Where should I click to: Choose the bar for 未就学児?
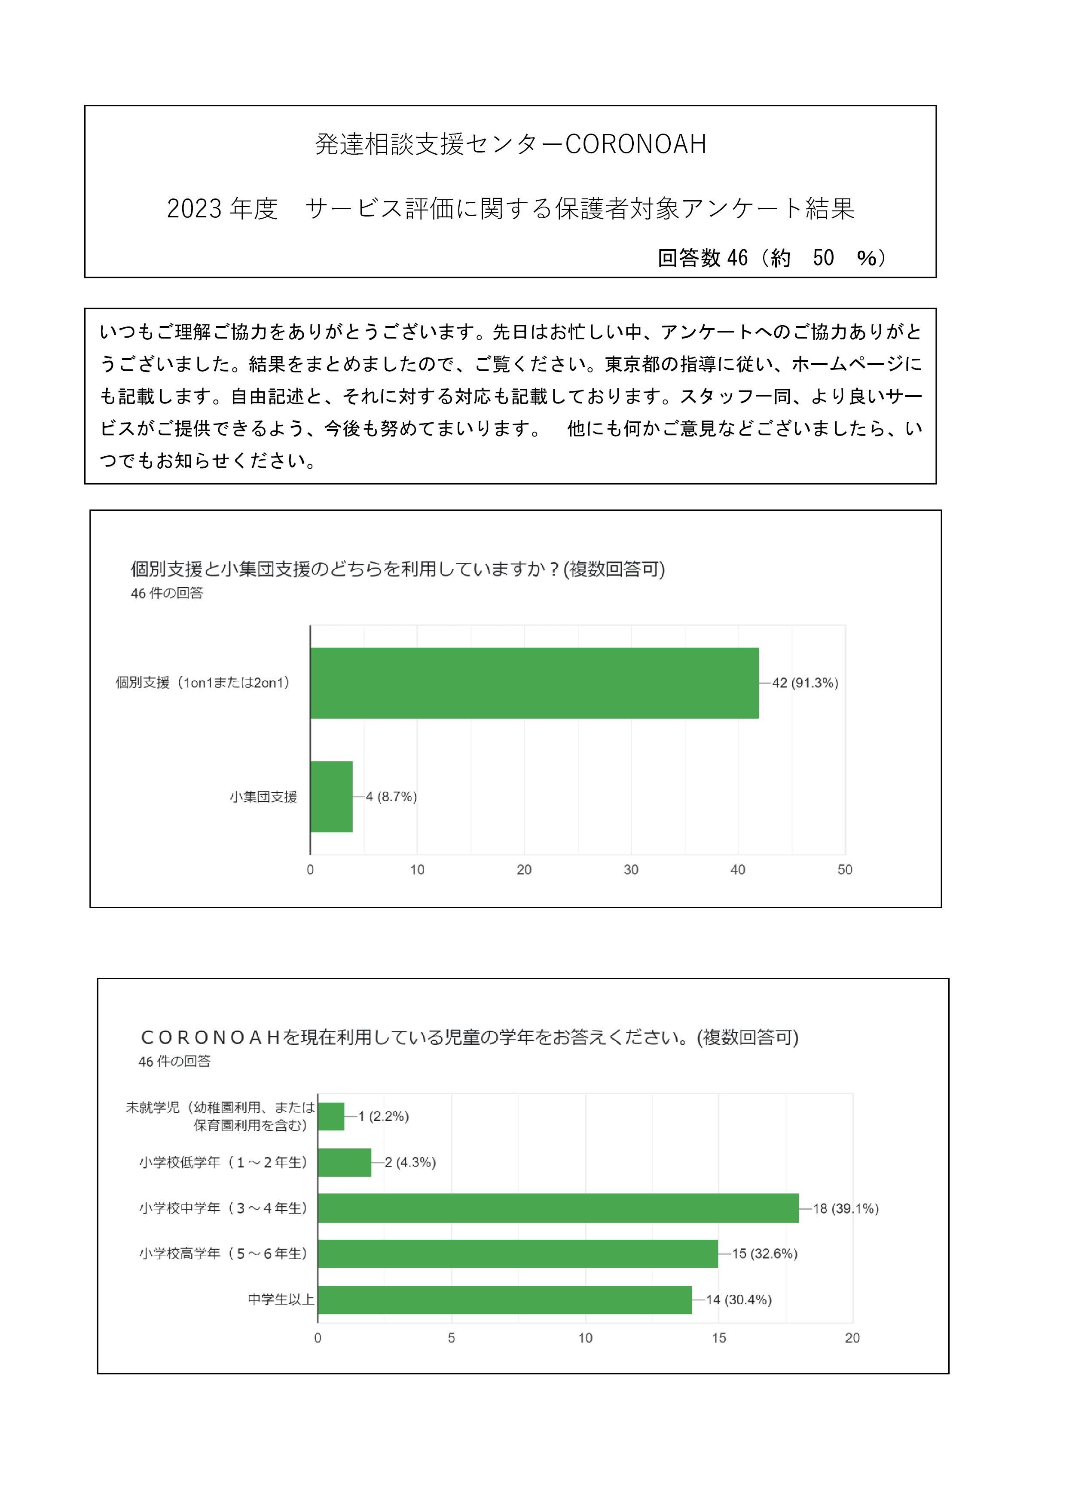(x=331, y=1117)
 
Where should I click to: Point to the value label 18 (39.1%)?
(x=846, y=1208)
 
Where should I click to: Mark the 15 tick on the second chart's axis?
(x=719, y=1338)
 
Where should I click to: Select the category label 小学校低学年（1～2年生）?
(x=223, y=1162)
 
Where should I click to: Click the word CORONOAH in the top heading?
(x=635, y=144)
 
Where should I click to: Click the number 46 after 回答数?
(x=737, y=258)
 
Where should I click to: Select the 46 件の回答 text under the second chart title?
(x=174, y=1062)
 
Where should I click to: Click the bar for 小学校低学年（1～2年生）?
(x=345, y=1162)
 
